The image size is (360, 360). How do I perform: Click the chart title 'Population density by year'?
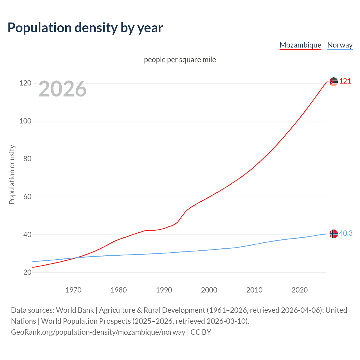[85, 28]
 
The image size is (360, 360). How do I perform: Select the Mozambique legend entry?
[300, 45]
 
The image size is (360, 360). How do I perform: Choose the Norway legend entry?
[340, 45]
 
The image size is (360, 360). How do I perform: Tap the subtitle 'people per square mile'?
[180, 60]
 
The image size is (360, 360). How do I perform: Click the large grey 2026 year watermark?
[62, 89]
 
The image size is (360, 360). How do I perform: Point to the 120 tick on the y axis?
[25, 83]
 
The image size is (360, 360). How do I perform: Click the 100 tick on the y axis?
[25, 121]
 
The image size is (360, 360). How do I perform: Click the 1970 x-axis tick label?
[73, 290]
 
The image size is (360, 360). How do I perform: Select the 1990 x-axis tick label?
[164, 290]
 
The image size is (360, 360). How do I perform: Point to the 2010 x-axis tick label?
[254, 290]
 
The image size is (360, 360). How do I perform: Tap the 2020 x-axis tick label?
[300, 290]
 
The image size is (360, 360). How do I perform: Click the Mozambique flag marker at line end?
[334, 82]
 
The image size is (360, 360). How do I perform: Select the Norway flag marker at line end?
[334, 234]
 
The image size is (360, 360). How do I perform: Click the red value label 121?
[345, 81]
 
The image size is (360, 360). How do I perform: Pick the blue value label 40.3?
[346, 233]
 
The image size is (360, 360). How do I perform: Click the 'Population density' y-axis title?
[12, 174]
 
